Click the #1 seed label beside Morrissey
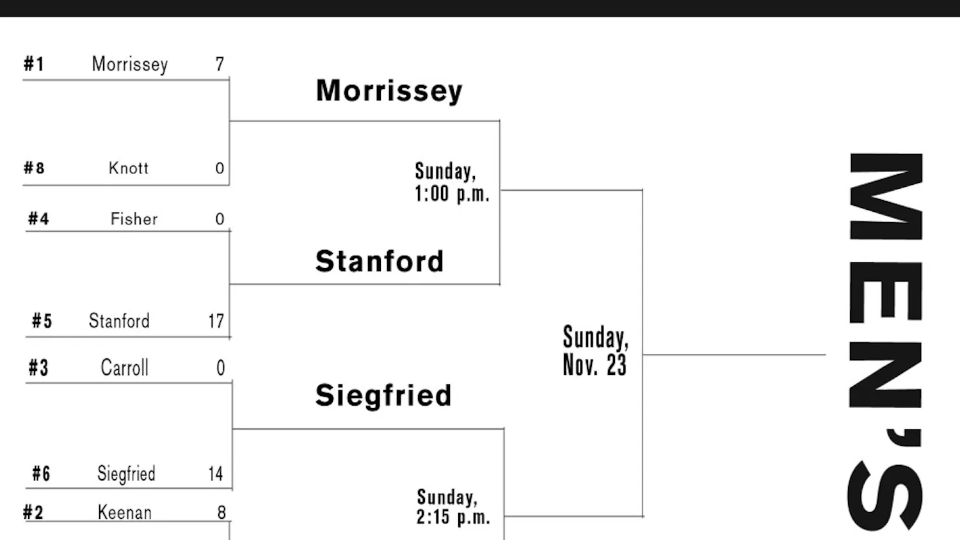click(34, 64)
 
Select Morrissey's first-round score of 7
click(220, 64)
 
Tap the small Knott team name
click(129, 168)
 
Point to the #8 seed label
click(34, 168)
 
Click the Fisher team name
click(134, 219)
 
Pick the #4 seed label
click(38, 219)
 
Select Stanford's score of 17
click(216, 321)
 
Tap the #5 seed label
click(42, 321)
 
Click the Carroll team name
click(125, 368)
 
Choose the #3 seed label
click(38, 368)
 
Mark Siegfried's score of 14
click(216, 474)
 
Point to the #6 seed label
click(41, 474)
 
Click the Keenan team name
click(125, 512)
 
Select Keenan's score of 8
click(221, 512)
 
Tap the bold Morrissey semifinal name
click(389, 91)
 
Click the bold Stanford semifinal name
click(380, 261)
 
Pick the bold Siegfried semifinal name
click(383, 395)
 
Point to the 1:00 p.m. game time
click(452, 194)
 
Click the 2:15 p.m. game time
click(453, 517)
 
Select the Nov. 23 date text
click(595, 365)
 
